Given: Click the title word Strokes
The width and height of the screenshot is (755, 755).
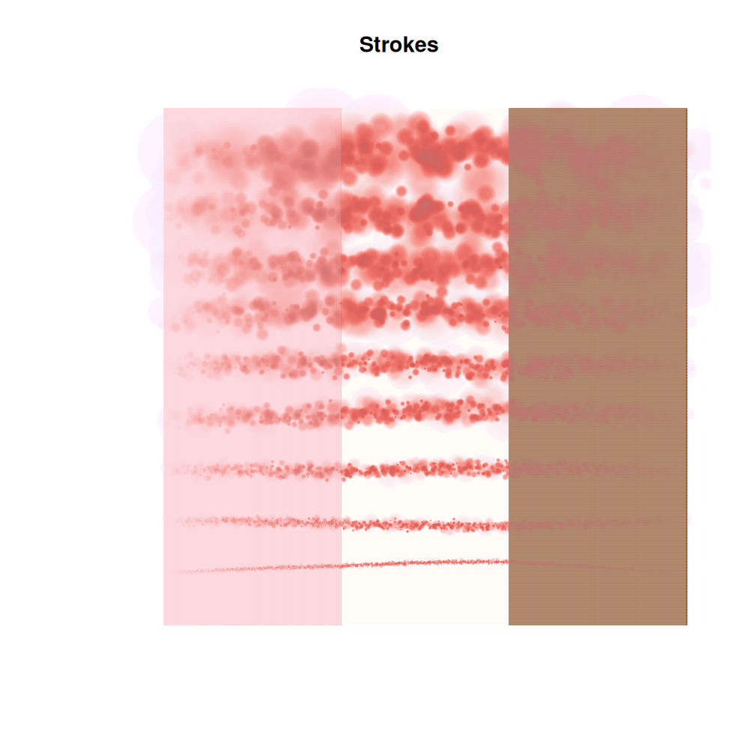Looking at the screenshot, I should pos(398,45).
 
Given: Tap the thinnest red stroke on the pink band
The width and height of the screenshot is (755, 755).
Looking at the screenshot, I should pos(255,569).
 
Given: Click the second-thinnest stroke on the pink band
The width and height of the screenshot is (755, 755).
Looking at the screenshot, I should pos(255,521).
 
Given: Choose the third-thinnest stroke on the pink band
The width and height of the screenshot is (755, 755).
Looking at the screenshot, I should pos(255,470).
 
